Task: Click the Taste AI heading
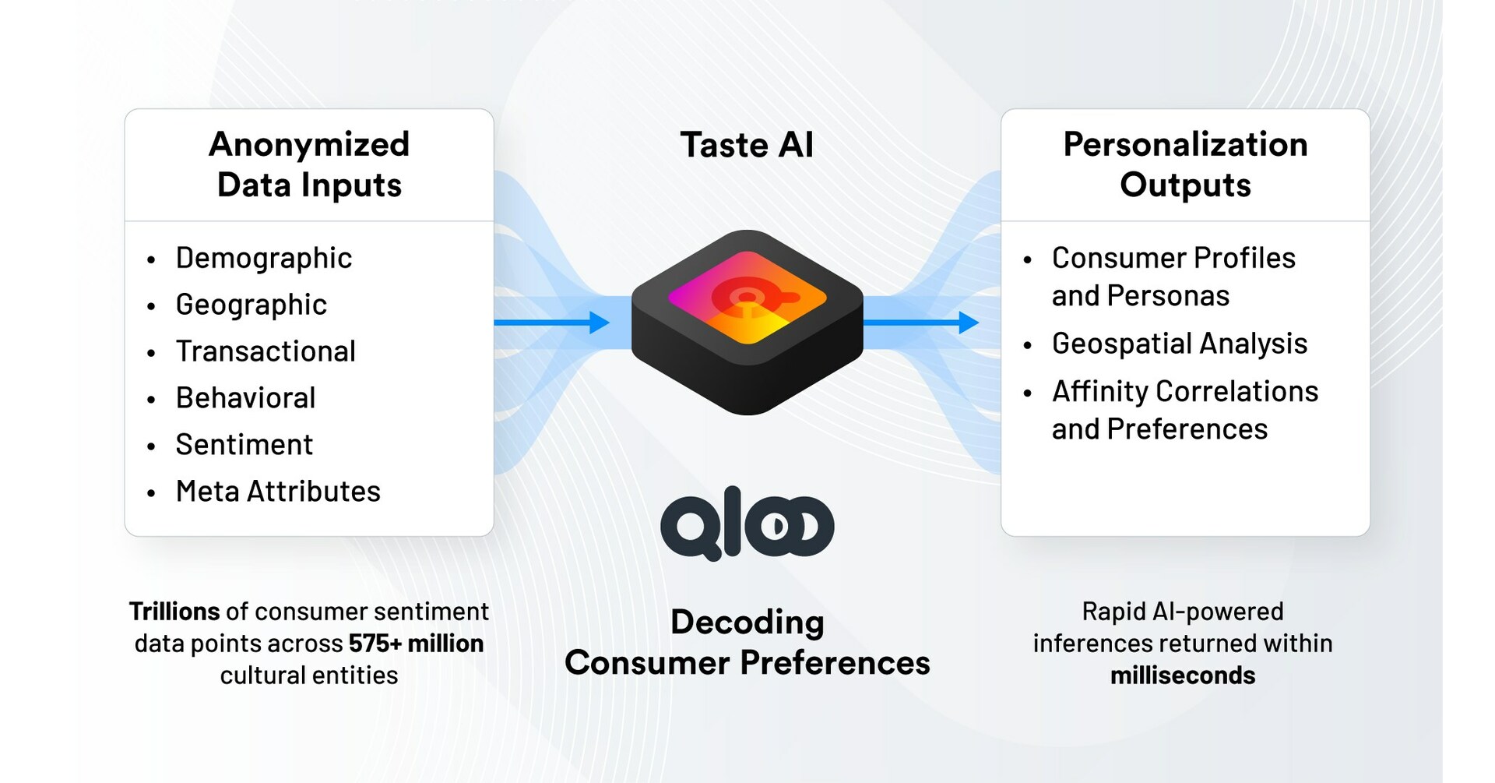tap(747, 146)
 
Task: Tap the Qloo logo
tap(747, 524)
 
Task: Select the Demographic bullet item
tap(263, 258)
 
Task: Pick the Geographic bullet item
tap(251, 305)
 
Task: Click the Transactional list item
tap(266, 351)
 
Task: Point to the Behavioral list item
tap(245, 398)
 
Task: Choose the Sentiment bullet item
tap(244, 445)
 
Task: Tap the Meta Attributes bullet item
tap(278, 492)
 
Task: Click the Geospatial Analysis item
tap(1179, 344)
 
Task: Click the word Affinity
tap(1100, 391)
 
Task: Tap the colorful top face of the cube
tap(747, 297)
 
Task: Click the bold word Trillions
tap(174, 612)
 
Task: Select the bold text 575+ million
tap(416, 644)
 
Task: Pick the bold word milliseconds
tap(1182, 675)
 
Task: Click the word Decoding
tap(747, 623)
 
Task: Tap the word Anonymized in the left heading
tap(309, 145)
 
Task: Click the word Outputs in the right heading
tap(1185, 185)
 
